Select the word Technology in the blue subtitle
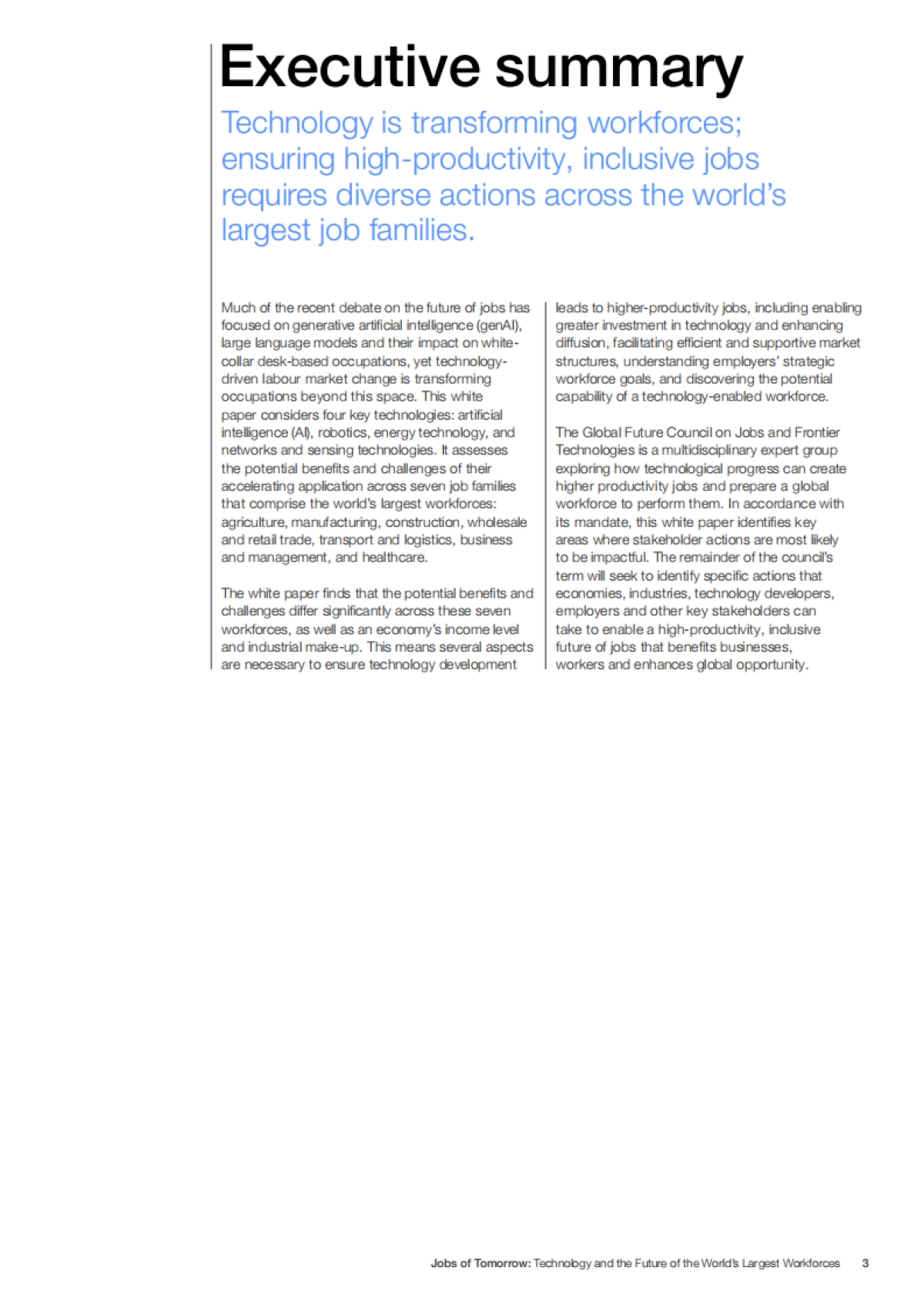[x=297, y=124]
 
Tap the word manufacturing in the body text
[x=335, y=522]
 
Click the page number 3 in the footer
[x=865, y=1263]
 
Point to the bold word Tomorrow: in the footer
[x=501, y=1263]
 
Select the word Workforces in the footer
[x=811, y=1263]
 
